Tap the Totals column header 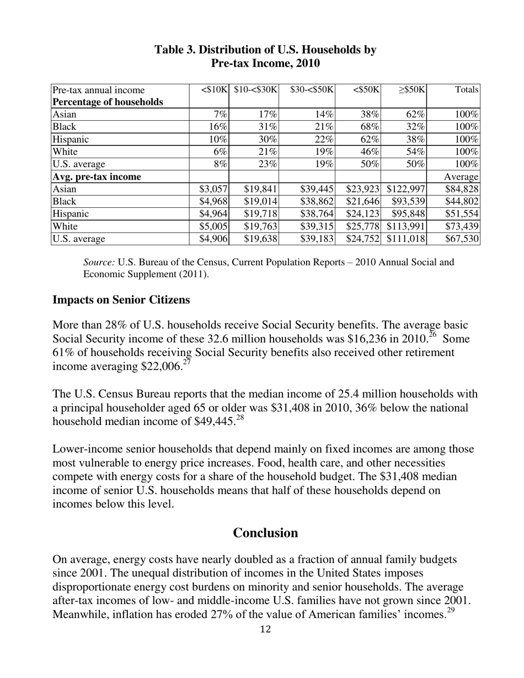tap(467, 90)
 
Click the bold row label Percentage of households tap(108, 102)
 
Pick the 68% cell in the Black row tap(370, 127)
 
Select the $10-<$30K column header tap(255, 90)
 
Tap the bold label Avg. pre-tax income tap(97, 176)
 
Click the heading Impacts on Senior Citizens tap(121, 300)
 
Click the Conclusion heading tap(265, 532)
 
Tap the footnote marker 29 tap(450, 611)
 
